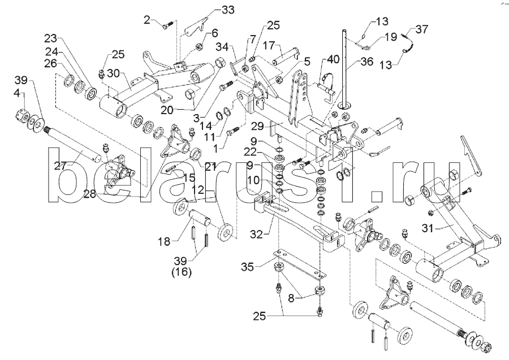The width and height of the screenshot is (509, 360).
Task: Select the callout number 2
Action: point(147,20)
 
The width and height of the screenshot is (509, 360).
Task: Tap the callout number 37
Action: point(422,29)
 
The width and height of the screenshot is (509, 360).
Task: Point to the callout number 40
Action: point(333,58)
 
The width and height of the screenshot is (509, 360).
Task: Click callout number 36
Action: point(366,63)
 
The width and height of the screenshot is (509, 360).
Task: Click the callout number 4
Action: point(19,92)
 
